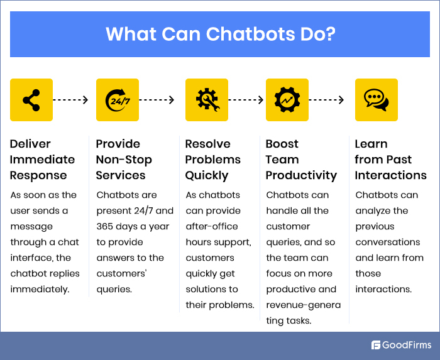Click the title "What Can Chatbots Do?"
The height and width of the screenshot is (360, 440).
point(220,33)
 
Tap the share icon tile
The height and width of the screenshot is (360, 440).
point(31,100)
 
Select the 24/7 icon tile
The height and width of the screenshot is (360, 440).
point(118,100)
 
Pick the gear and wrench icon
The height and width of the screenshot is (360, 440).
point(207,100)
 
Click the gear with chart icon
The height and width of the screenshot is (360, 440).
point(287,100)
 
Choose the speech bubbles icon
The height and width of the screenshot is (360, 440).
point(377,100)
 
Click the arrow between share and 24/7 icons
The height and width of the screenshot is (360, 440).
point(74,100)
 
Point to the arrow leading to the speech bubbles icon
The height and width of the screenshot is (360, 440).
point(327,100)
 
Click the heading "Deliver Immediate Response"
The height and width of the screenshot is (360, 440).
point(42,160)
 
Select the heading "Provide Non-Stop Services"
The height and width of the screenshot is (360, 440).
point(124,160)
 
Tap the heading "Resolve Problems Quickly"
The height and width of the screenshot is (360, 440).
point(213,160)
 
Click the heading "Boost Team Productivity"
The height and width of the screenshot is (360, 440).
point(301,160)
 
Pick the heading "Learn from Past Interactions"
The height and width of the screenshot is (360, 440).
point(390,160)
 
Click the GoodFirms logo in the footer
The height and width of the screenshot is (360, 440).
point(401,345)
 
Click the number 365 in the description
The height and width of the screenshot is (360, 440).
point(107,226)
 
